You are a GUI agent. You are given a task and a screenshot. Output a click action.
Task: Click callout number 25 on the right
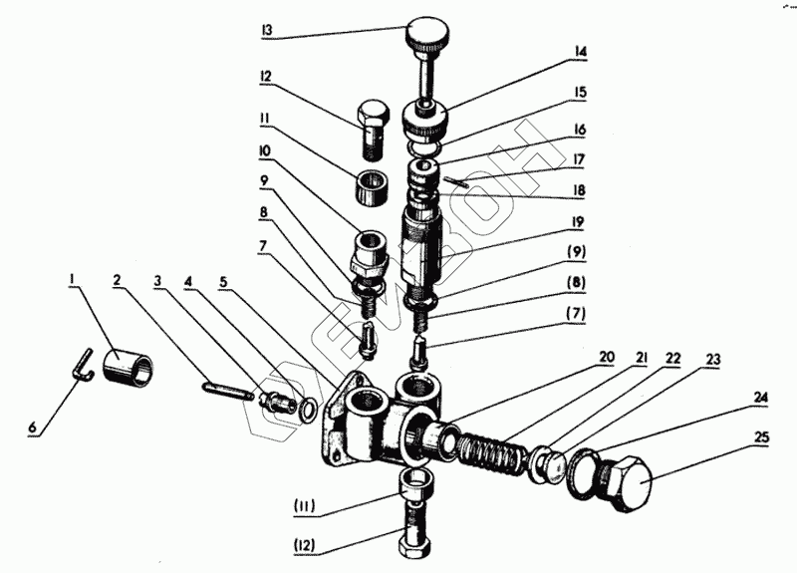tap(762, 435)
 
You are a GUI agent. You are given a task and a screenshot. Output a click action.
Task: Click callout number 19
tap(578, 222)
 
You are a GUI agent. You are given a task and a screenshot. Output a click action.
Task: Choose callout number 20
tap(606, 356)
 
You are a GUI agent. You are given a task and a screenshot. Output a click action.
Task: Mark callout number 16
tap(578, 130)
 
